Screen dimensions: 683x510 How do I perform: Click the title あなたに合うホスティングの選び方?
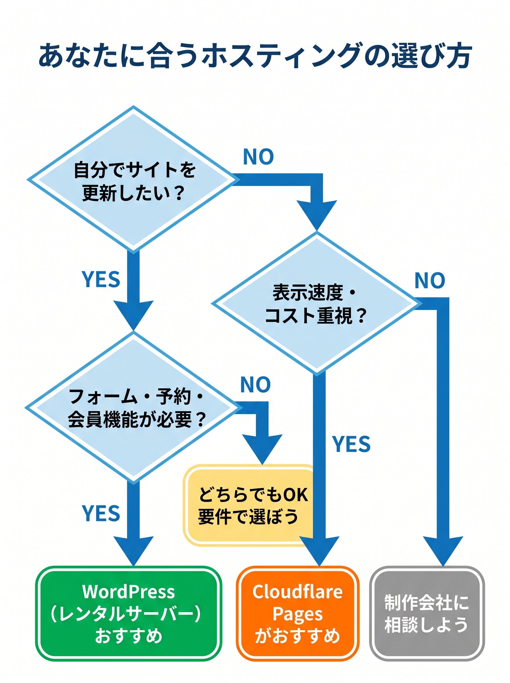pos(255,56)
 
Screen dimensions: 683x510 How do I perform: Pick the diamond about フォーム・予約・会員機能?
pos(133,408)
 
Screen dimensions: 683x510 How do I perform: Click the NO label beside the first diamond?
pos(258,157)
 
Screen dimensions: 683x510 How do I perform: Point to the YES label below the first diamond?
pos(101,279)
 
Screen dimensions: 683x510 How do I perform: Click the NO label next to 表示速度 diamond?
pos(429,281)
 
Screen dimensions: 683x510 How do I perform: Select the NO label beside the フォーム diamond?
pos(255,384)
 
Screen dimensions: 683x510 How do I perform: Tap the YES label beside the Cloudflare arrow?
pos(351,444)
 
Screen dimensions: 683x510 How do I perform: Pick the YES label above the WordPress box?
pos(101,514)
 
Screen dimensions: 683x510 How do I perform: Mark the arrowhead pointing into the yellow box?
pos(262,448)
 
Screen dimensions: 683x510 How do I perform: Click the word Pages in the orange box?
pos(297,614)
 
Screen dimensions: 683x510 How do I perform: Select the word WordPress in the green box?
pos(128,592)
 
